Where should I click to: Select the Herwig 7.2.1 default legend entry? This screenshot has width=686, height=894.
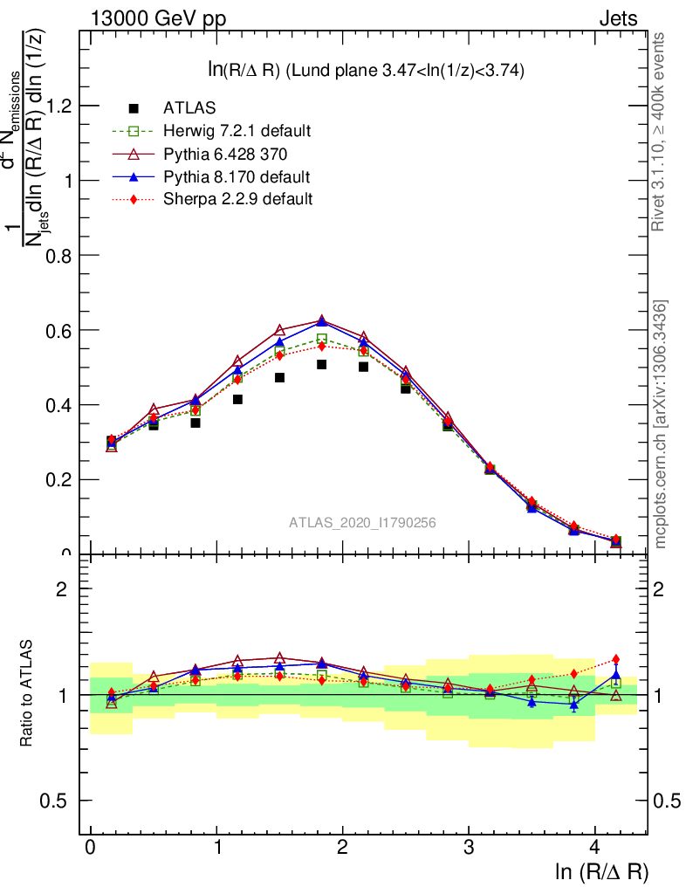click(237, 131)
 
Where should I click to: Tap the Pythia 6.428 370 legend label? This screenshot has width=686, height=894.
click(225, 154)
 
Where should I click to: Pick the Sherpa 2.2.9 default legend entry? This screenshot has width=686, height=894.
click(237, 199)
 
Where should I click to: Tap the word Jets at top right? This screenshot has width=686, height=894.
click(617, 18)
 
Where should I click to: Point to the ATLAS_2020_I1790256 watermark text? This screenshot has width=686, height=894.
click(362, 522)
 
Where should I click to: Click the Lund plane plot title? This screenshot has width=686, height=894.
click(365, 71)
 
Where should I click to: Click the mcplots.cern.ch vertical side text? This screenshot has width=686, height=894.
click(661, 424)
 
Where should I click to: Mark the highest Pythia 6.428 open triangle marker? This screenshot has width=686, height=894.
click(321, 320)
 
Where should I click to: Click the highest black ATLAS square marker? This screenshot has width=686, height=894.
click(321, 364)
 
